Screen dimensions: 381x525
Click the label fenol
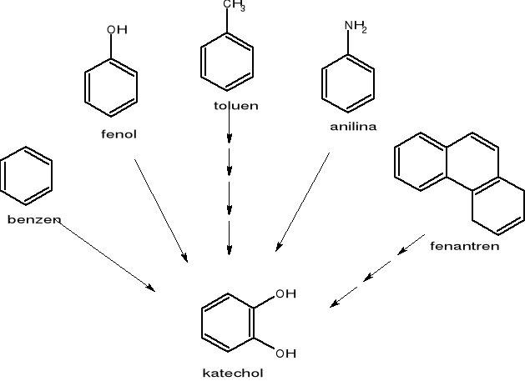coord(119,134)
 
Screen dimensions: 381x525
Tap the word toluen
coord(235,106)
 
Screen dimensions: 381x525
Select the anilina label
coord(352,127)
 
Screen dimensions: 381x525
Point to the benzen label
coord(34,220)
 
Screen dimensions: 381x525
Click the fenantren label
coord(464,246)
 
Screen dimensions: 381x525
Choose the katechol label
coord(232,373)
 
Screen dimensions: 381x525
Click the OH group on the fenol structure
coord(117,30)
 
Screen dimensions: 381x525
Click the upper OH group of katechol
coord(285,293)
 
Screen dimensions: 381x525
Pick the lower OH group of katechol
coord(285,353)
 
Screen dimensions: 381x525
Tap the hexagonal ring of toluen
coord(227,61)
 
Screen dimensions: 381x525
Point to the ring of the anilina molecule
coord(348,83)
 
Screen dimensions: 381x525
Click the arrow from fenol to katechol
coord(161,208)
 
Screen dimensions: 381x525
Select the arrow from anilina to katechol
coord(303,202)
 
